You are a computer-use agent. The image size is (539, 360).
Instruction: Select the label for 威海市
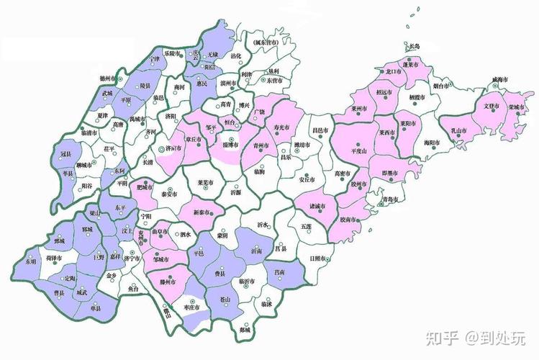502,80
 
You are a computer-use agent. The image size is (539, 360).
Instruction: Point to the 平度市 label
358,152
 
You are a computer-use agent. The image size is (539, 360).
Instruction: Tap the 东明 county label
30,261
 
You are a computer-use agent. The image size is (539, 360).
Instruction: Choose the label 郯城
246,329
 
